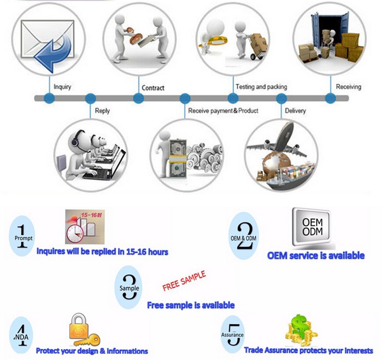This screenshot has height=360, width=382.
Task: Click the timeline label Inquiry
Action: (x=62, y=87)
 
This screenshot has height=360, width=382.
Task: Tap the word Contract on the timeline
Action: (x=153, y=88)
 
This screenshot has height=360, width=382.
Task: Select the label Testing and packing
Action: (x=261, y=87)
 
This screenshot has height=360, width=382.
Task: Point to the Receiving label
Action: (x=348, y=87)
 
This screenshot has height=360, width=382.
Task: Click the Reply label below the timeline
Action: (x=102, y=110)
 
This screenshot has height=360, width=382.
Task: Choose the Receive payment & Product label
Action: (x=223, y=110)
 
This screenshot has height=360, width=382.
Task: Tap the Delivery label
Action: (x=295, y=110)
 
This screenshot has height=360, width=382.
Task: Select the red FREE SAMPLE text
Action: (x=184, y=282)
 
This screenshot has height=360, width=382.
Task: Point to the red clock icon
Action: (x=75, y=234)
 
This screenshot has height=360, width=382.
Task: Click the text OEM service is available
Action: (x=316, y=256)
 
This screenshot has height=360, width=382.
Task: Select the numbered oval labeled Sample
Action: (x=129, y=288)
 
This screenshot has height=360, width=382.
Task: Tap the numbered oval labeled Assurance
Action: (x=232, y=335)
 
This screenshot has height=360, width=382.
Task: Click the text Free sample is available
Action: (x=190, y=306)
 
